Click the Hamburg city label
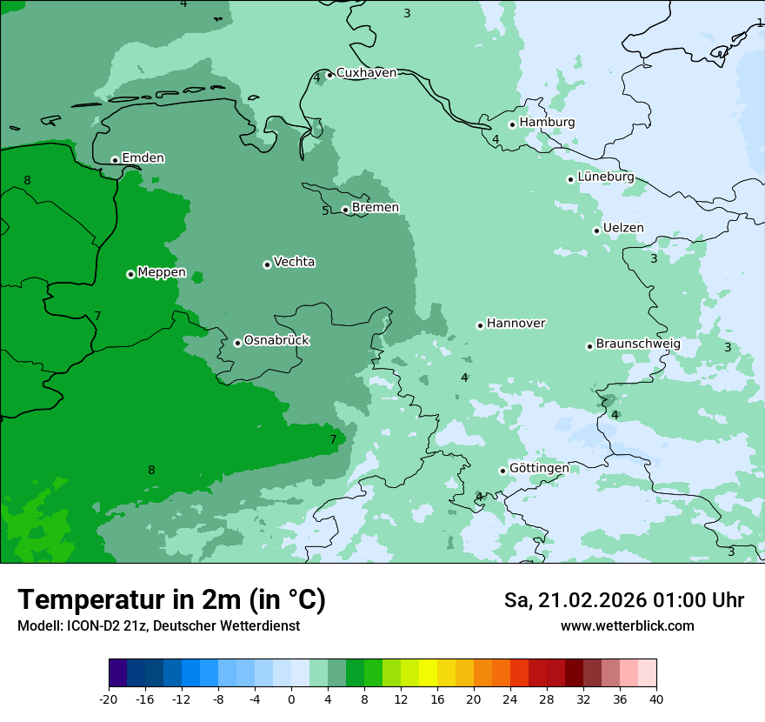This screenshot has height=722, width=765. (x=547, y=123)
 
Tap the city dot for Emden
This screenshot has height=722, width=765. (x=115, y=160)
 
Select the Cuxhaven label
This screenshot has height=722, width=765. (x=366, y=73)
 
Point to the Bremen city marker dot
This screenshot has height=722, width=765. (x=345, y=210)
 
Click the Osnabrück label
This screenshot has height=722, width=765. (x=276, y=340)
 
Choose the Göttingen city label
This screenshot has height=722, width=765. (x=539, y=468)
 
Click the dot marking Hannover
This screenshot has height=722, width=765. (x=480, y=325)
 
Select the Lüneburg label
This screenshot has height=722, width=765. (x=605, y=177)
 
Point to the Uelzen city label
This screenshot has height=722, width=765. (x=623, y=228)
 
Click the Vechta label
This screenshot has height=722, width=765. (x=294, y=262)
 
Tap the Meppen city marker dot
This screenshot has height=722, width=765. (x=130, y=274)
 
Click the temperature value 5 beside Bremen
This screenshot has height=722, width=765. (x=326, y=211)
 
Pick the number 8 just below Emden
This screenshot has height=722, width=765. (x=27, y=180)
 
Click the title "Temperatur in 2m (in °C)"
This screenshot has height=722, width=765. (x=171, y=599)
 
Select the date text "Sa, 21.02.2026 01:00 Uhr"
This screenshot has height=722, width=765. (x=623, y=600)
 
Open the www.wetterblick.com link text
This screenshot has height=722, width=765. (x=627, y=625)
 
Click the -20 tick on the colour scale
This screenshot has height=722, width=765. (x=109, y=699)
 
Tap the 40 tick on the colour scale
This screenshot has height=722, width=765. (x=655, y=699)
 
